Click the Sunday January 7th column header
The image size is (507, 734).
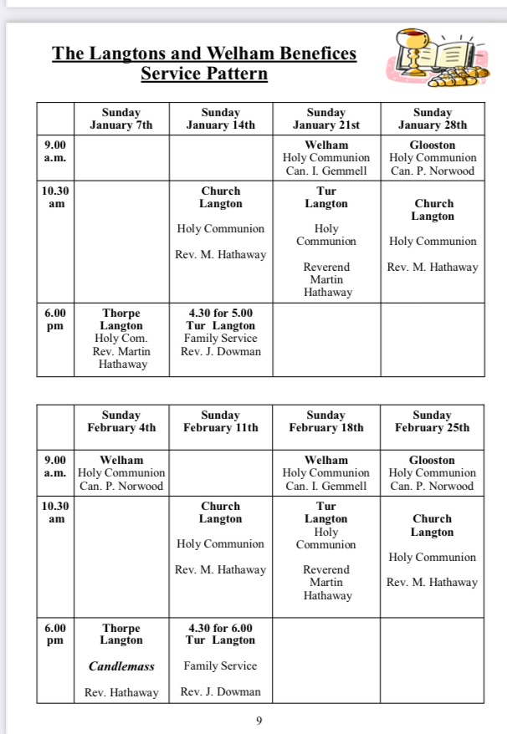click(121, 119)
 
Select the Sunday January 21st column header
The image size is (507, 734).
click(326, 119)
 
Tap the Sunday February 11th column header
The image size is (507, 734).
click(221, 421)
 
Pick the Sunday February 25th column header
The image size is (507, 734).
click(432, 421)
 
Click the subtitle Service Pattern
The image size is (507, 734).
click(204, 74)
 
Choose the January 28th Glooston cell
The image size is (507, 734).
click(433, 157)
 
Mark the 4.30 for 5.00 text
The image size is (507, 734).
click(221, 313)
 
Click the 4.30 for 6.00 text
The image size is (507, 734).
click(221, 628)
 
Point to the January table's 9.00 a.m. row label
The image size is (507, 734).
click(54, 150)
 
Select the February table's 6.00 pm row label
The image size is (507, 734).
click(54, 634)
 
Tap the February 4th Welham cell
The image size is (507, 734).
click(121, 472)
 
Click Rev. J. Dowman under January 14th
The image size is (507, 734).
click(221, 351)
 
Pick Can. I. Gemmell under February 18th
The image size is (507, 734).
click(326, 486)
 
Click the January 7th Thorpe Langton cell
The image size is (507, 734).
click(121, 338)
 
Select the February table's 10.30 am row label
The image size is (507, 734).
click(54, 512)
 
